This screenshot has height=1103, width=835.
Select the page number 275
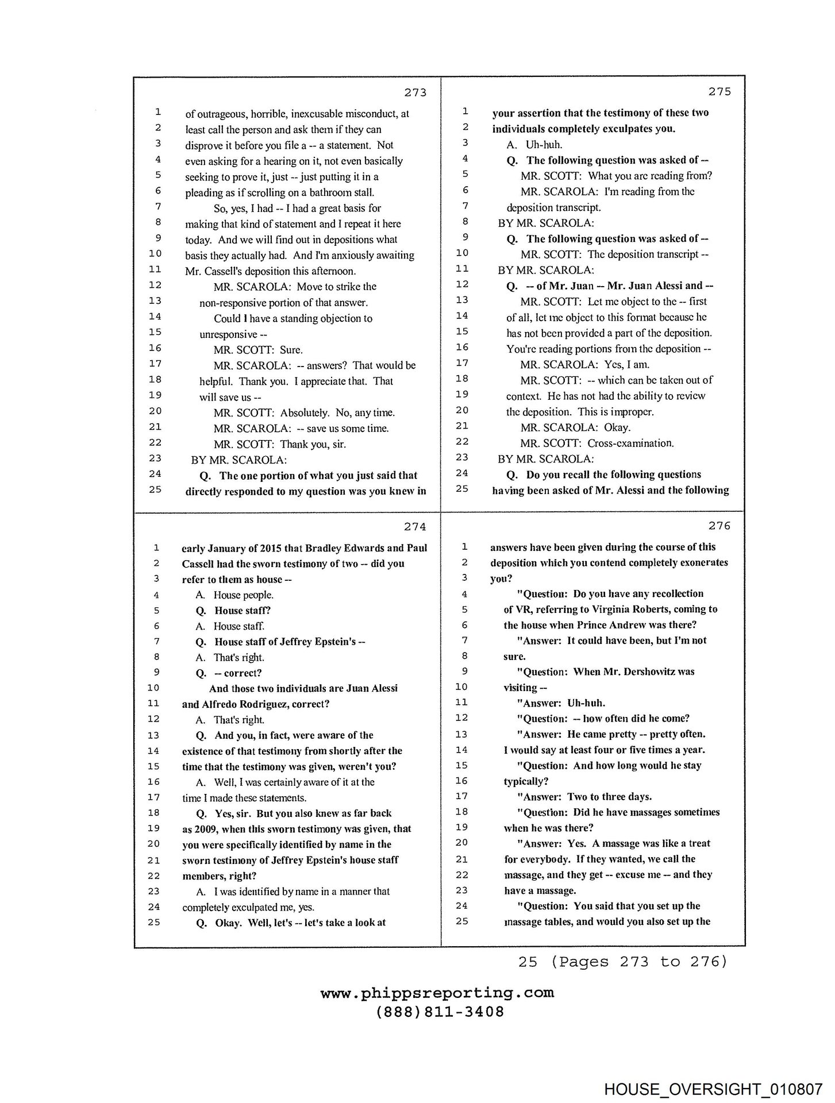[719, 91]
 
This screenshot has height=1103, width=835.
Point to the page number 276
[719, 525]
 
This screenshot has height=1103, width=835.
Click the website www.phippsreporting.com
[437, 993]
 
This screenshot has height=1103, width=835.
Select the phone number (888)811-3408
[440, 1012]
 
